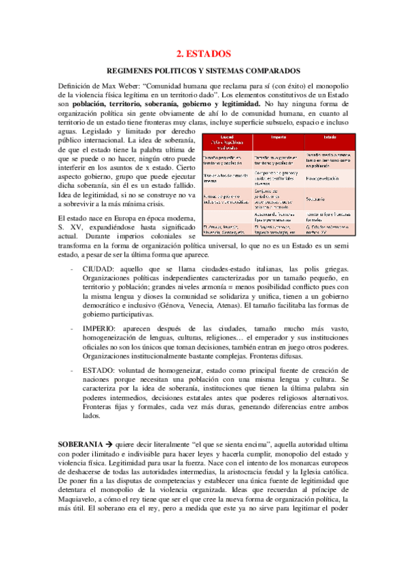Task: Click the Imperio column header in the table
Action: pos(279,137)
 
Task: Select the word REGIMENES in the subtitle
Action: pos(136,71)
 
